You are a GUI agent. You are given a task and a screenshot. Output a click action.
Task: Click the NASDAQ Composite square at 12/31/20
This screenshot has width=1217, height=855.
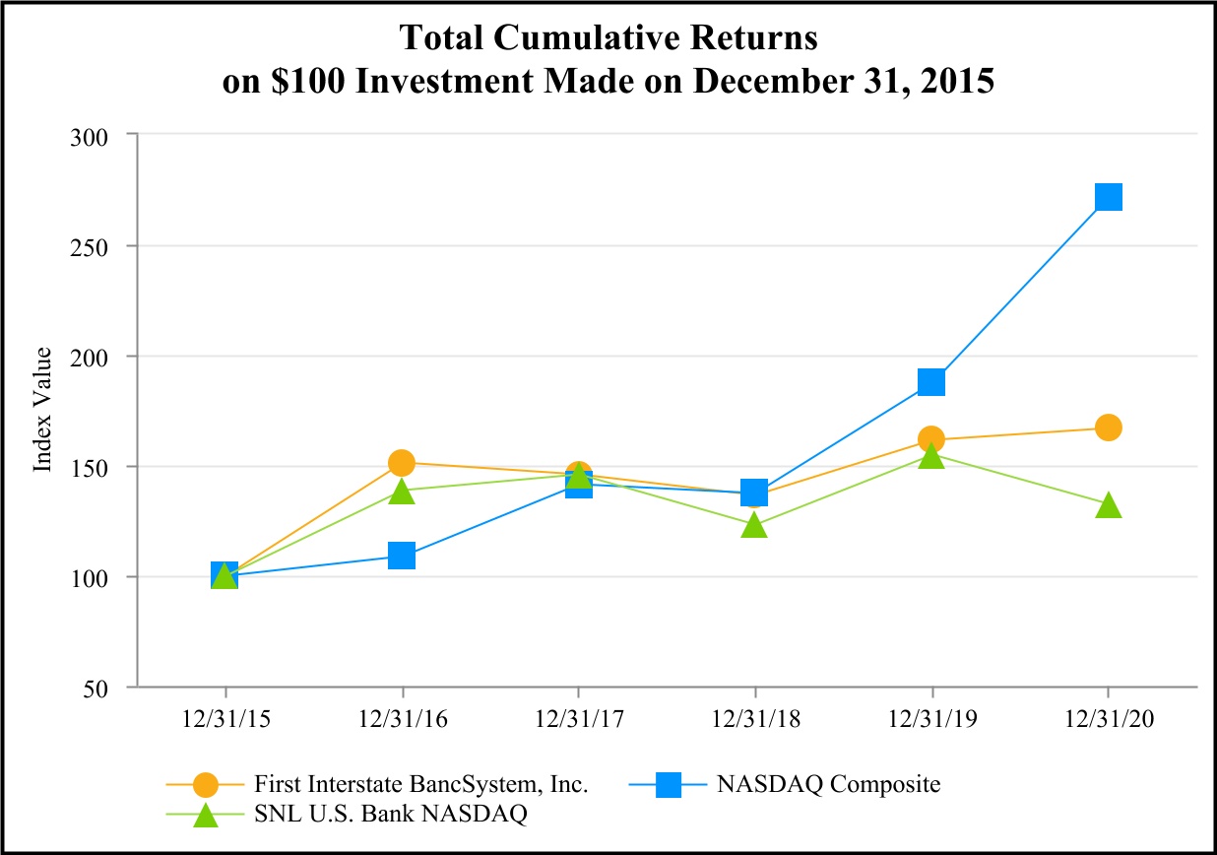coord(1108,197)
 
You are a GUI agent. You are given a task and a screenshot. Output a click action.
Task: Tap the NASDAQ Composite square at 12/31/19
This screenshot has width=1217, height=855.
coord(931,381)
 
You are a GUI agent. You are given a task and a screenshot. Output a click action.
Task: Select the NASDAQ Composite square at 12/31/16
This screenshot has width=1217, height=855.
coord(402,556)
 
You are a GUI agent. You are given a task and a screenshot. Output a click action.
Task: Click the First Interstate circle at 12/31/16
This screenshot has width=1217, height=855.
coord(402,462)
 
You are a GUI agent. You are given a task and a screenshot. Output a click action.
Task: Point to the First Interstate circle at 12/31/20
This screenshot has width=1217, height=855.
coord(1108,427)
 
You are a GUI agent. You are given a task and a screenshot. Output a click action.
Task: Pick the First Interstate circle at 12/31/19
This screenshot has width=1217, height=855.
coord(931,438)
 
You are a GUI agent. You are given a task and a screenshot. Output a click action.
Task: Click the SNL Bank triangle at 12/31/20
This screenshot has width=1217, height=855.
coord(1108,505)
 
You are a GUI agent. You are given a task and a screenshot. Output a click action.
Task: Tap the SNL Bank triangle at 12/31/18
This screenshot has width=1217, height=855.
coord(754,525)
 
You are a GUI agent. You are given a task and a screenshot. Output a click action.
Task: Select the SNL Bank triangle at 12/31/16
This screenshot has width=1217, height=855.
coord(402,491)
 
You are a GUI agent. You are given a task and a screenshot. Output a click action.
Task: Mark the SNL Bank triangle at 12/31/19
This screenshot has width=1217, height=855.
coord(931,456)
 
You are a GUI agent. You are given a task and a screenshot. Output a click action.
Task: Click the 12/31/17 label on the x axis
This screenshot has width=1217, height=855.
coord(578,720)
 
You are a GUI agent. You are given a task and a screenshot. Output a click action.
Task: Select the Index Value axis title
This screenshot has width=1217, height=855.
coord(43,411)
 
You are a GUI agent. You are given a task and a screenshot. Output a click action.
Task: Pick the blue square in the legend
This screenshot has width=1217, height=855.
coord(670,785)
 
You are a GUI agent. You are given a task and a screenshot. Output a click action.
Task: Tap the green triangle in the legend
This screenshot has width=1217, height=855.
coord(205,816)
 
